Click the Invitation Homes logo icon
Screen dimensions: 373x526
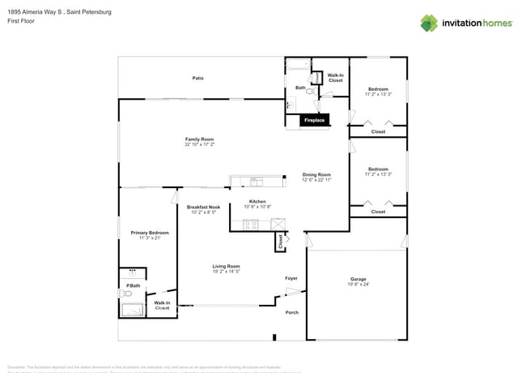[x=428, y=23]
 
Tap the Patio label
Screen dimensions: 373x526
[x=197, y=79]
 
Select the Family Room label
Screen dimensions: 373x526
[x=199, y=139]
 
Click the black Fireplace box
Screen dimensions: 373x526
[x=314, y=121]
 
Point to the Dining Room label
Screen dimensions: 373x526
[x=316, y=174]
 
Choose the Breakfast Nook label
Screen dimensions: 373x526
[x=203, y=207]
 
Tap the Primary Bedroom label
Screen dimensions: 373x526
[x=150, y=233]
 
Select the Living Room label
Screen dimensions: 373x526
[x=227, y=266]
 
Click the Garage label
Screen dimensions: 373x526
[x=358, y=279]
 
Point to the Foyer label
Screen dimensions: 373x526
[x=291, y=278]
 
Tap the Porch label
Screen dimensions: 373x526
[x=291, y=312]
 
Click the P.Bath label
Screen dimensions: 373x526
[x=133, y=285]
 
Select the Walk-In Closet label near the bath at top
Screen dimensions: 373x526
[x=335, y=78]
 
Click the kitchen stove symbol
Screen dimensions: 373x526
[x=251, y=225]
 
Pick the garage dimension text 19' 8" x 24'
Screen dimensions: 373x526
[x=358, y=285]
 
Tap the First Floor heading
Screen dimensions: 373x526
[x=21, y=21]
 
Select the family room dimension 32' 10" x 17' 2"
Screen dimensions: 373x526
[x=199, y=144]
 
